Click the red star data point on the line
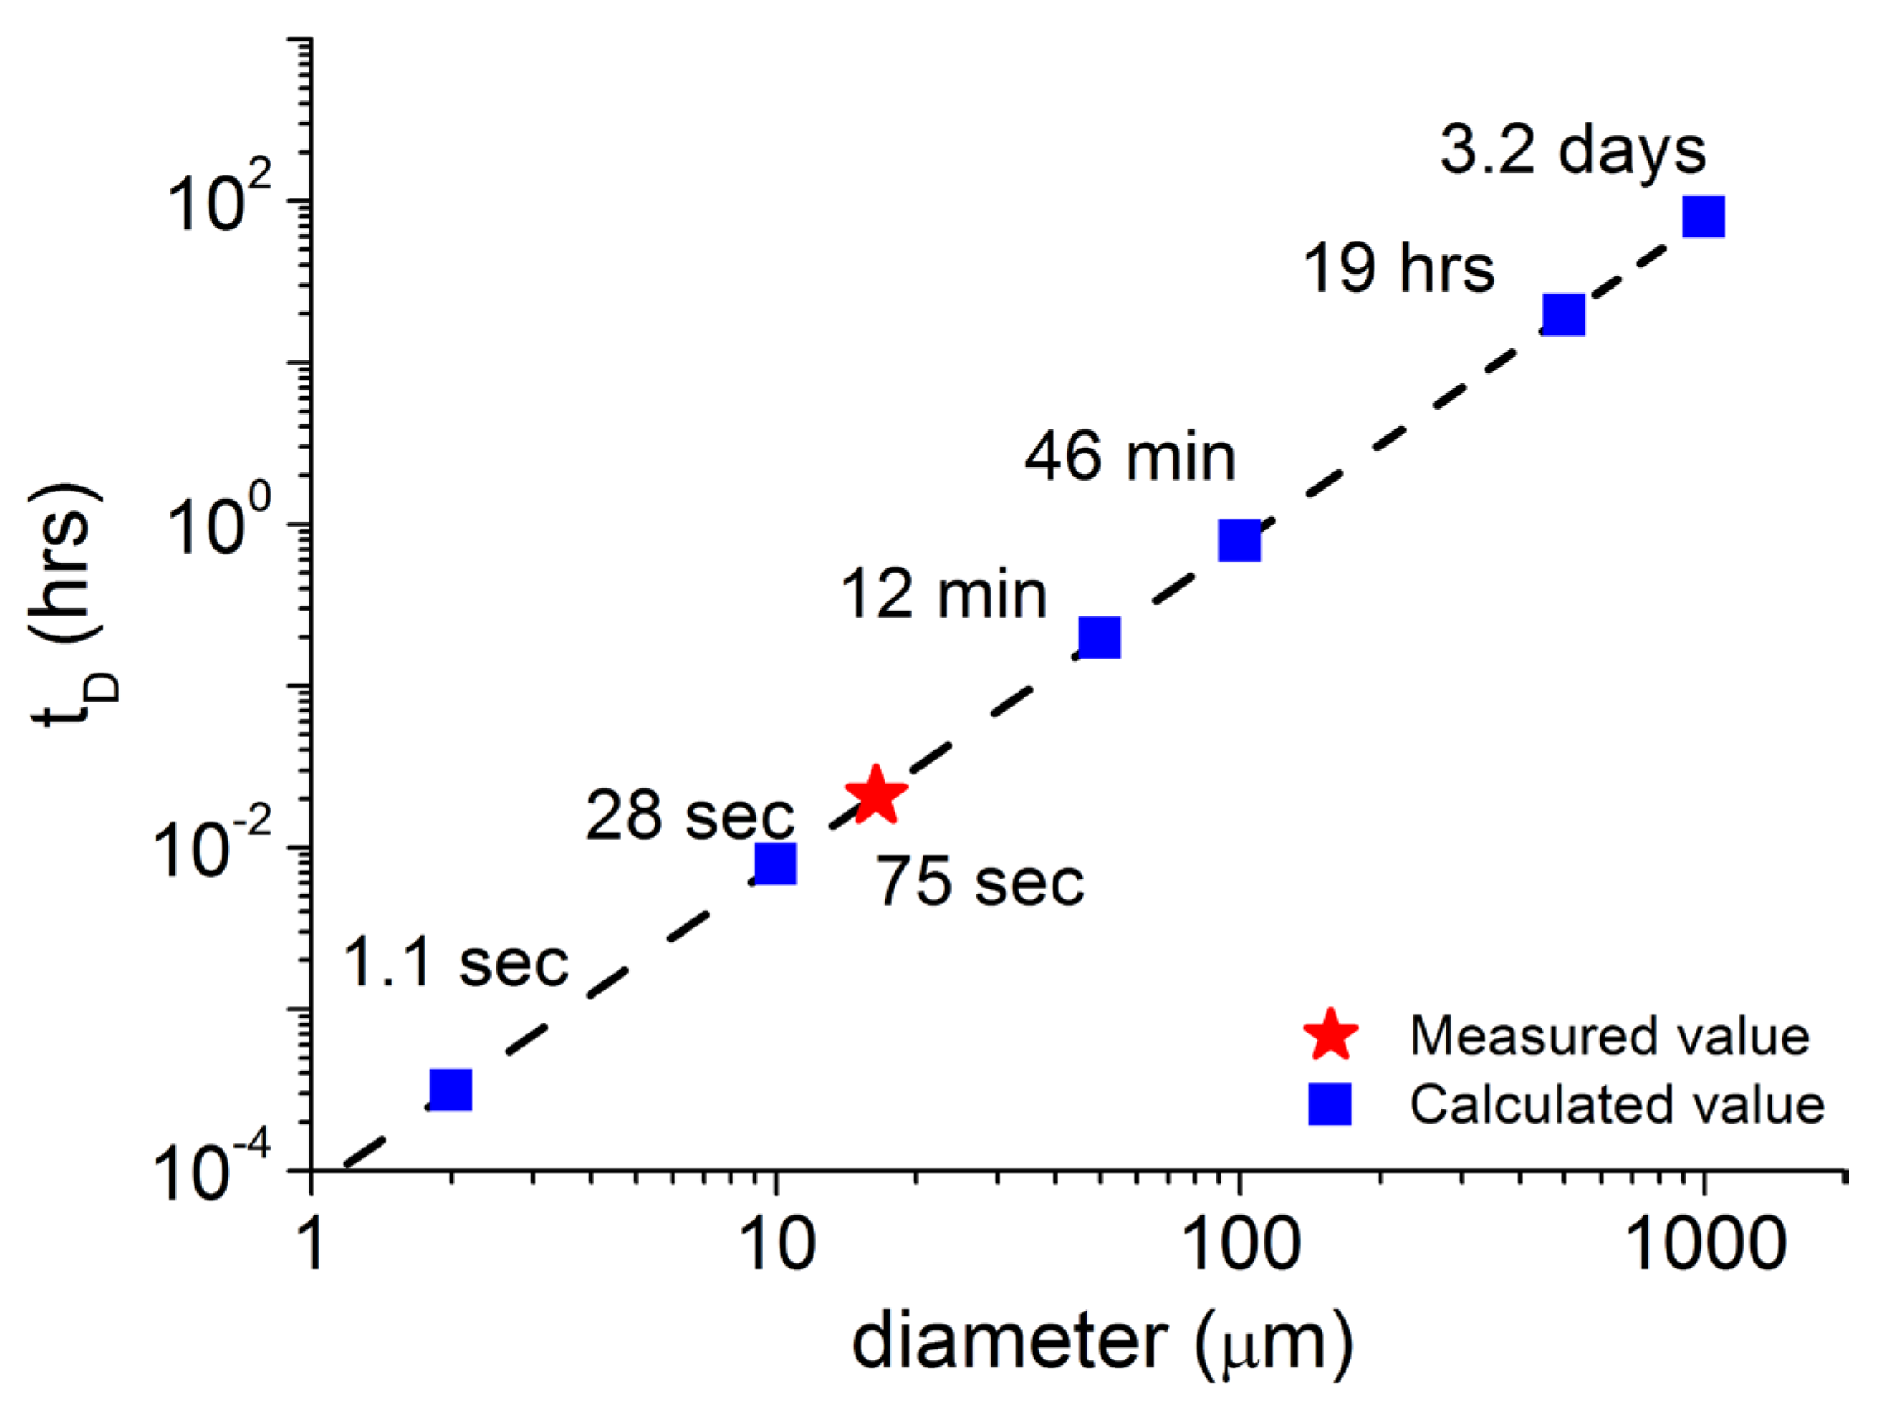click(875, 794)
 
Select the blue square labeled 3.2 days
click(1703, 217)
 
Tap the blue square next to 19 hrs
click(1563, 314)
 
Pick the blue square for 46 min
click(1240, 540)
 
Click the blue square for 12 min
click(1100, 637)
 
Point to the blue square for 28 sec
click(775, 863)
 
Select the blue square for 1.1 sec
click(450, 1089)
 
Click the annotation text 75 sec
click(981, 882)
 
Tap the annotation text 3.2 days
click(1573, 151)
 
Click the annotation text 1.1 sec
click(455, 964)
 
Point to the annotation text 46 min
click(1130, 458)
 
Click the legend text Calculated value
click(1616, 1105)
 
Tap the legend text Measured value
click(1609, 1035)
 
